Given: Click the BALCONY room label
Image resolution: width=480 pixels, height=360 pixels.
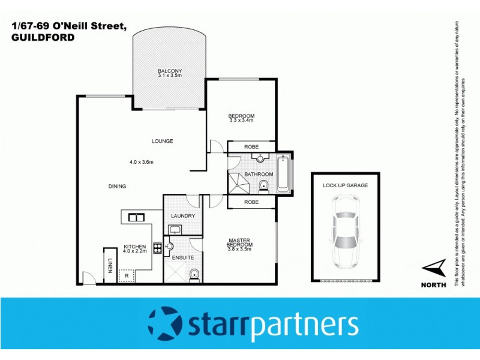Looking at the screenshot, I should coord(170,71).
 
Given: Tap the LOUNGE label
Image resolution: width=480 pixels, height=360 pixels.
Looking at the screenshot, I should coord(162,142).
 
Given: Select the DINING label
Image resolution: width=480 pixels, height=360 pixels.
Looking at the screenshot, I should coord(118,186).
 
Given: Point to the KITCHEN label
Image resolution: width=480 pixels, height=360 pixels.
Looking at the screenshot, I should coord(135,247).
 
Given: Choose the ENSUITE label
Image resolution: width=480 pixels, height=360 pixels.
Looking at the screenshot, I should coord(183,257).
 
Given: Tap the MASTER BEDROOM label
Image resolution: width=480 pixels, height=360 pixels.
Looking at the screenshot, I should coord(239,242).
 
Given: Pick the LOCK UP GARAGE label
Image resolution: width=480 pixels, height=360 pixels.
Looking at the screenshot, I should coord(345,185).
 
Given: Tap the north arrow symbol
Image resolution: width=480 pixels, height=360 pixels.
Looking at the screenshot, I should coord(434,268).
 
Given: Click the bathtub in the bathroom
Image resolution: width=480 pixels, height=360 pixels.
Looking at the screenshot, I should coord(283,174).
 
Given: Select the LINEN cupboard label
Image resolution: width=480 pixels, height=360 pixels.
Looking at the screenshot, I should coord(110,265).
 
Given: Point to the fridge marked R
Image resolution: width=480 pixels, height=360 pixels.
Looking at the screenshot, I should coord(127,275).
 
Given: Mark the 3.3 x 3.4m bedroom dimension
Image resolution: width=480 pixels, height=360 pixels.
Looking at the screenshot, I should coord(242,121).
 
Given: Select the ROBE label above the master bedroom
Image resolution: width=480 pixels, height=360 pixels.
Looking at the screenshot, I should coord(251,202).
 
